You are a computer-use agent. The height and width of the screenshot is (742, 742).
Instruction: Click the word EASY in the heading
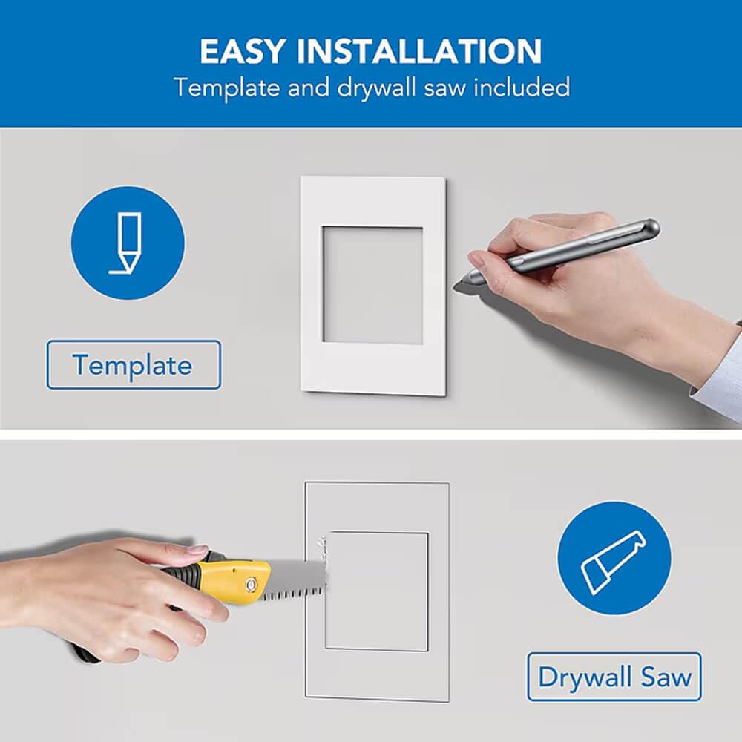click(243, 51)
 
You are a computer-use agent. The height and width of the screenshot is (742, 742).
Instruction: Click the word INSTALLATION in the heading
click(419, 51)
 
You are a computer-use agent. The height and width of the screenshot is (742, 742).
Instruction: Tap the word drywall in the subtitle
click(377, 88)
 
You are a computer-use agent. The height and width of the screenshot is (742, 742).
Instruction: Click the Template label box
click(134, 365)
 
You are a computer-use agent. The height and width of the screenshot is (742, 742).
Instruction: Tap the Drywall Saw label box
click(614, 677)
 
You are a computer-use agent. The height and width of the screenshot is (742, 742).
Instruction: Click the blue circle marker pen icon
click(128, 243)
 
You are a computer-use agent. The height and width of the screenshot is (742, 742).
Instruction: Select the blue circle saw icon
click(614, 559)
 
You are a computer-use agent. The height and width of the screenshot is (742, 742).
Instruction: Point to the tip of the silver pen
click(456, 285)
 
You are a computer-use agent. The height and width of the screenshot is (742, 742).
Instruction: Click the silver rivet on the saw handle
click(252, 585)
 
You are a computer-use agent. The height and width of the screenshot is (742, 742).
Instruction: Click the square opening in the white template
click(372, 285)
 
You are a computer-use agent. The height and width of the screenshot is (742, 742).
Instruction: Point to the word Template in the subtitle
click(227, 88)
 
